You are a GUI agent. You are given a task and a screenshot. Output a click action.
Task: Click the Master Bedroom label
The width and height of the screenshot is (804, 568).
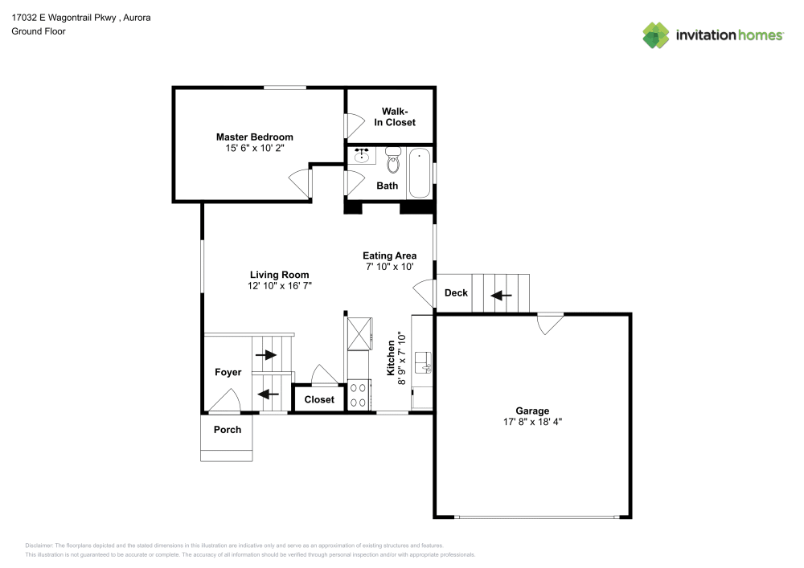point(254,137)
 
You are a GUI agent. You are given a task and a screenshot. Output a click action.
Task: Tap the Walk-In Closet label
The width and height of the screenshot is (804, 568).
point(395,116)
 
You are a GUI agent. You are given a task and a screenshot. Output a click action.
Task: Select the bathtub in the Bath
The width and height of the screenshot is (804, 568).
point(420,173)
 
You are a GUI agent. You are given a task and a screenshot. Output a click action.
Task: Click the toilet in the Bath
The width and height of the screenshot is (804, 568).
point(392,161)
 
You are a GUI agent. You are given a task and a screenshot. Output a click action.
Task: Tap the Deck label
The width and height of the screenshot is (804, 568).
point(456,292)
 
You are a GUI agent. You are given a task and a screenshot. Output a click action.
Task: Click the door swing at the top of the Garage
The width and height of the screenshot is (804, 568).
point(550,324)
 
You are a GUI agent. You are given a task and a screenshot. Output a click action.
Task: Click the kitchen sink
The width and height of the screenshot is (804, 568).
point(423,364)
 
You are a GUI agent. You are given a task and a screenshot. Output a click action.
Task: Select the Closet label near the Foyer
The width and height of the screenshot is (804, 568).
point(319,399)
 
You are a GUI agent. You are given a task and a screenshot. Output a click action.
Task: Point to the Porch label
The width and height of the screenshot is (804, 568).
point(228,429)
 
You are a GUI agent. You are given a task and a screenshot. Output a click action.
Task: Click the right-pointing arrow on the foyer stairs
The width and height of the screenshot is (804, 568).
point(265,354)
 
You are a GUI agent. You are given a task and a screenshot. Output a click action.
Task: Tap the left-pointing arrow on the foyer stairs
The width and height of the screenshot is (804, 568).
point(269,394)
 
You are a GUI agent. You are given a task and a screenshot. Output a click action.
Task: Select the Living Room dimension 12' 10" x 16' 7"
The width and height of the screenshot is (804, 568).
point(279,285)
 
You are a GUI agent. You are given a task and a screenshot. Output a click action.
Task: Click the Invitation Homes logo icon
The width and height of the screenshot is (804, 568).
point(656,35)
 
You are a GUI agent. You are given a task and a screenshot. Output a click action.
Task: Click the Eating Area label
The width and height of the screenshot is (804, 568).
point(389,255)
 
